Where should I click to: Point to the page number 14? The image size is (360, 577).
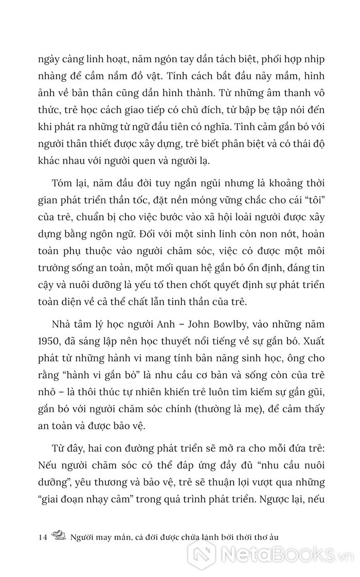click(x=43, y=537)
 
